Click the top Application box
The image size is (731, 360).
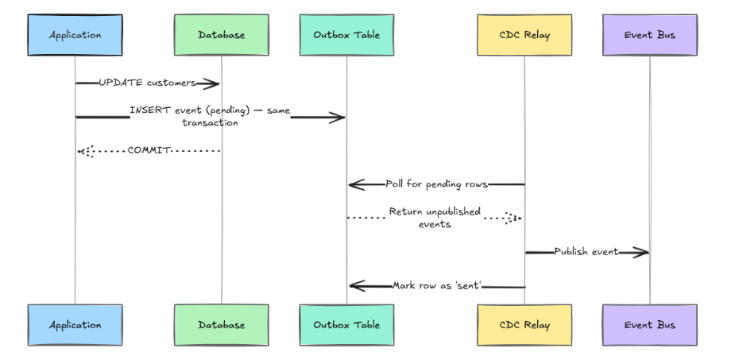click(75, 35)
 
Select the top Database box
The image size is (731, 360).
click(222, 35)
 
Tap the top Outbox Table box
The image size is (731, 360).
click(346, 35)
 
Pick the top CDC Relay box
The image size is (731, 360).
click(524, 35)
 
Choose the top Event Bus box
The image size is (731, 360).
click(649, 35)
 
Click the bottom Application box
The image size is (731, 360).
click(75, 324)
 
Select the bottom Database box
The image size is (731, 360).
click(222, 324)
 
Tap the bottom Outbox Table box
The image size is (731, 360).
click(346, 324)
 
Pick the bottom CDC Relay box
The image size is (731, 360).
click(524, 324)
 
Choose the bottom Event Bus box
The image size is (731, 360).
click(649, 324)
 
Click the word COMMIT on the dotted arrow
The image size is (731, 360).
click(149, 150)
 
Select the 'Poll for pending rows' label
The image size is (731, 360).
click(436, 184)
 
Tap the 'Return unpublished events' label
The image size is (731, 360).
click(435, 218)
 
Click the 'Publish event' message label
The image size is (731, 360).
click(586, 251)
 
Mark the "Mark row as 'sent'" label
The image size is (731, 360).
click(436, 285)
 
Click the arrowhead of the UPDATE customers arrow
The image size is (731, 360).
click(212, 83)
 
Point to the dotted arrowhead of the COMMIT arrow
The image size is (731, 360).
click(85, 150)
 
